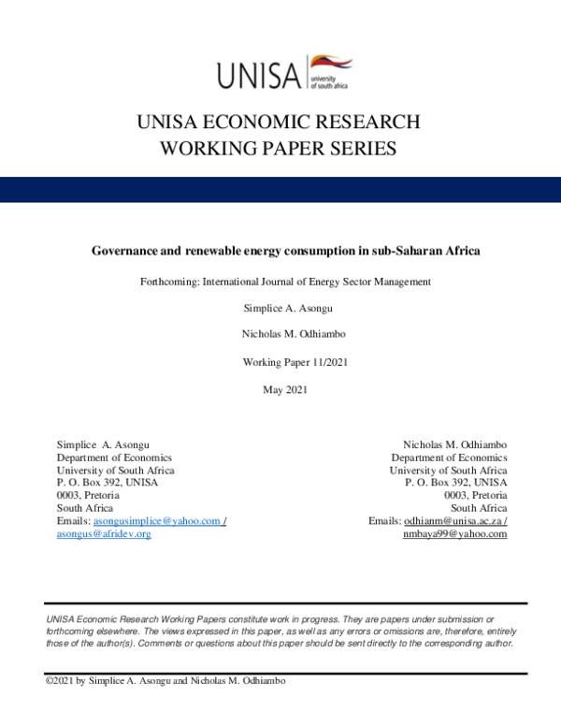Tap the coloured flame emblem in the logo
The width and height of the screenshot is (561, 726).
pyautogui.click(x=329, y=63)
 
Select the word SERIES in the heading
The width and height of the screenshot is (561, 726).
pyautogui.click(x=357, y=148)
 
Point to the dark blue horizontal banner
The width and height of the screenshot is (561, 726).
pyautogui.click(x=280, y=189)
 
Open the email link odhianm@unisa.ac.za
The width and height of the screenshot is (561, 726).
pyautogui.click(x=453, y=521)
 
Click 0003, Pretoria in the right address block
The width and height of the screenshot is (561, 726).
pyautogui.click(x=476, y=495)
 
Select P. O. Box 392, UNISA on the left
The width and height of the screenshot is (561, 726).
pyautogui.click(x=108, y=483)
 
